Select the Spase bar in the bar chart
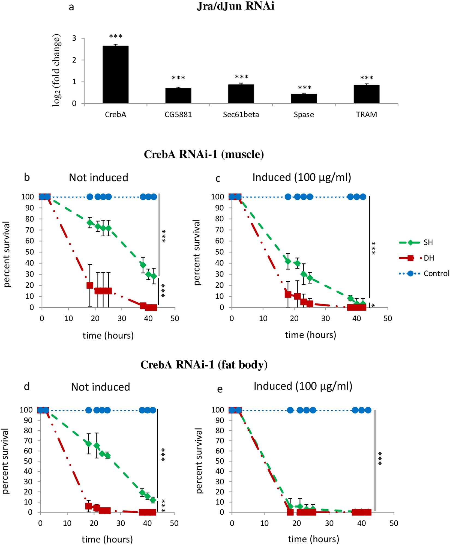click(304, 99)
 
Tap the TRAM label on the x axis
click(366, 115)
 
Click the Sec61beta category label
click(241, 115)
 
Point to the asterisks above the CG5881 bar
click(178, 78)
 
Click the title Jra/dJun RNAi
click(235, 6)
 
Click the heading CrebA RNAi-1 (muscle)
click(204, 154)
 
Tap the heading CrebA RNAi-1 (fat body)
click(204, 365)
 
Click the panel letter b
click(27, 178)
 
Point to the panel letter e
click(220, 389)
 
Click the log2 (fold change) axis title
click(56, 70)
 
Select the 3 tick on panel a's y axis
click(74, 38)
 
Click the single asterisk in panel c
click(373, 305)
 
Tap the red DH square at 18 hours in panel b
click(90, 285)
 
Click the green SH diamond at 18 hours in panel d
click(88, 443)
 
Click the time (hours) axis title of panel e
click(313, 539)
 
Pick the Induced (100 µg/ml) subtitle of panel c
click(302, 178)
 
